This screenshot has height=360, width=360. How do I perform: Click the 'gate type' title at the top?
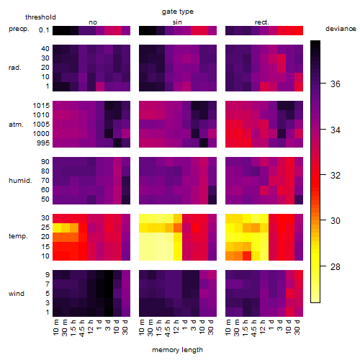178,12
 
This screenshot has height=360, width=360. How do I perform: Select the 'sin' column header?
177,22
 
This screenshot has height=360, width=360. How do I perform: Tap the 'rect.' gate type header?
261,22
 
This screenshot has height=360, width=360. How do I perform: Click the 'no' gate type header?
93,22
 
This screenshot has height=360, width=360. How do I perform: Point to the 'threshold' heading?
40,17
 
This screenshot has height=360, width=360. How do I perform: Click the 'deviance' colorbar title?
341,29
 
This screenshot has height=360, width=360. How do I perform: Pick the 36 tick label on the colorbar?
336,84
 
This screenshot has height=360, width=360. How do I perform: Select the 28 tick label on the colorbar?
336,266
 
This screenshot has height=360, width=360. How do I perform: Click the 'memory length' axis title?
177,350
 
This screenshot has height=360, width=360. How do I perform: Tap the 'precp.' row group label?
19,29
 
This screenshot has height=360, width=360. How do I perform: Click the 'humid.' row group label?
20,180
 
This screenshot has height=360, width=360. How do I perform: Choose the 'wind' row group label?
17,293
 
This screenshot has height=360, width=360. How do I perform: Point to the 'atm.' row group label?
16,125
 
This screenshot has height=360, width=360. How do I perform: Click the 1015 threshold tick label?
41,105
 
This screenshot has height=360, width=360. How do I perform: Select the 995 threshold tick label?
43,143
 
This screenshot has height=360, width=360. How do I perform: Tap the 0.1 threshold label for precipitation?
44,30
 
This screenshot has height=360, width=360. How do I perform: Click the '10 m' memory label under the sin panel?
142,327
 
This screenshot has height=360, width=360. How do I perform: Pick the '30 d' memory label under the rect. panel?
297,327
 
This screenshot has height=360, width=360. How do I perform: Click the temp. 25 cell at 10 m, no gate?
57,228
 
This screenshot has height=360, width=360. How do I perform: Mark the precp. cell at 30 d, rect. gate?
299,30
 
